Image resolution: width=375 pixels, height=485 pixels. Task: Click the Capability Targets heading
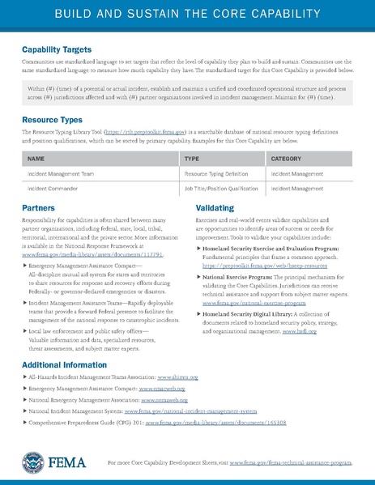56,49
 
